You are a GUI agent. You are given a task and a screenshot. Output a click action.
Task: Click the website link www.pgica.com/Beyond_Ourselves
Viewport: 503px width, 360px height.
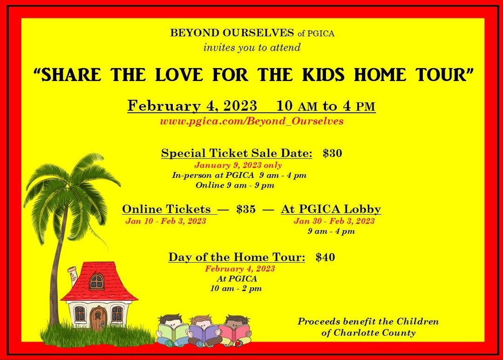tap(252, 121)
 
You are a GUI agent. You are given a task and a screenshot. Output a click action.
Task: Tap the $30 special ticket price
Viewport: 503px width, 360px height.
tap(333, 153)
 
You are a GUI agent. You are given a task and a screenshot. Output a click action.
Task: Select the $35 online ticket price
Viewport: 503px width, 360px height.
tap(246, 209)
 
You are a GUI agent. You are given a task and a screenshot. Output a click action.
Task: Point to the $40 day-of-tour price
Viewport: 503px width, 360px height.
tap(325, 257)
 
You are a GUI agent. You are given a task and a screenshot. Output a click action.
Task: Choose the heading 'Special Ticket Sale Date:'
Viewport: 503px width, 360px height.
tap(237, 153)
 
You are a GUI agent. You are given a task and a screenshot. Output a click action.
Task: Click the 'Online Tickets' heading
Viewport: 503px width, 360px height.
tap(166, 209)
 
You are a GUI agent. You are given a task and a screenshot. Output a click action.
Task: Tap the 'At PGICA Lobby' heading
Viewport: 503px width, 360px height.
tap(331, 209)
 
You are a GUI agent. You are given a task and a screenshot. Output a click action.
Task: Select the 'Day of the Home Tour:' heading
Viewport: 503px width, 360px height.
tap(237, 257)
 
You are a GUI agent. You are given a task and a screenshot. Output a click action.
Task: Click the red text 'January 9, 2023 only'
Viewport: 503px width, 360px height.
tap(238, 165)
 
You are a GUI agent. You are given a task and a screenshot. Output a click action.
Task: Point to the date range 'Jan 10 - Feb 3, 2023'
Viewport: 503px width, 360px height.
tap(165, 221)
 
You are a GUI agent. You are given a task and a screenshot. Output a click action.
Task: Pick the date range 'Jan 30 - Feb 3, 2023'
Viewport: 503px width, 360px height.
tap(334, 221)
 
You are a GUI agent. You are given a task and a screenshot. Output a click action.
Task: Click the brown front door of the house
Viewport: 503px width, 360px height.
tap(98, 318)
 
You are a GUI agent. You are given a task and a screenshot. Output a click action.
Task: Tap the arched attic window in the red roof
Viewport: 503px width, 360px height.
tap(96, 282)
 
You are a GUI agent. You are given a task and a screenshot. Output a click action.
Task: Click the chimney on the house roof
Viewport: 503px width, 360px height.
tap(73, 275)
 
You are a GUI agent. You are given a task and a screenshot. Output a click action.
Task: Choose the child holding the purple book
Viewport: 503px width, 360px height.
tap(203, 331)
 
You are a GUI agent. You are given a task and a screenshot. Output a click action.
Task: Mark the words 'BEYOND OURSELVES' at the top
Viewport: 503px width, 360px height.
tap(232, 33)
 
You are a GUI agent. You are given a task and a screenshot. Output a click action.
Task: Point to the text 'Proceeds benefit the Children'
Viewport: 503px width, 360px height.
tap(368, 321)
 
